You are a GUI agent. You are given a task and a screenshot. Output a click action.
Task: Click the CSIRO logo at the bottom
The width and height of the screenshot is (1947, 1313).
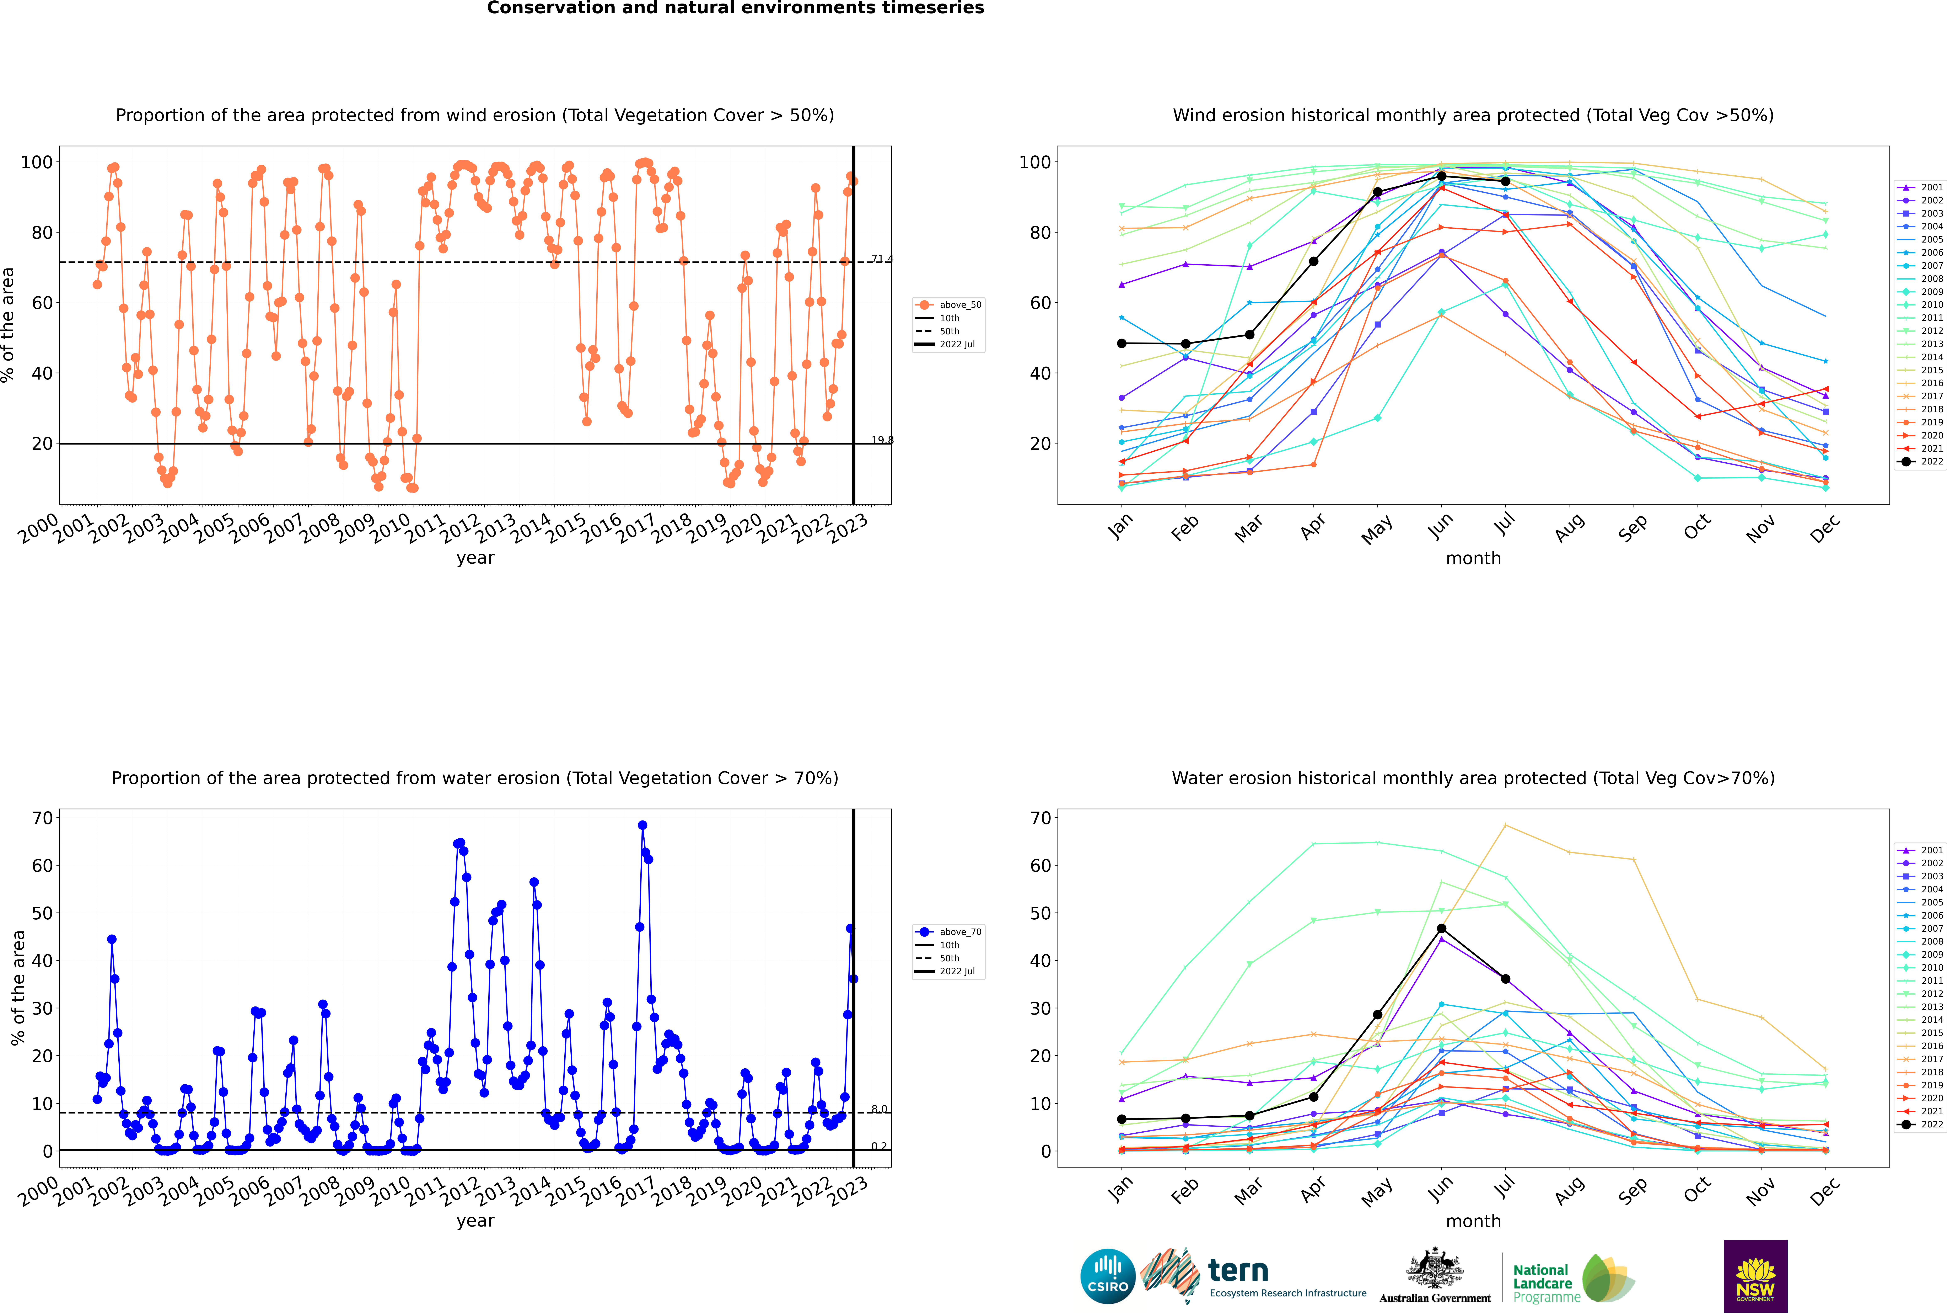(1107, 1276)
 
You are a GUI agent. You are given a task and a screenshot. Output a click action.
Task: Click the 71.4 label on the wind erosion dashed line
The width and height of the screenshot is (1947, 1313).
(881, 259)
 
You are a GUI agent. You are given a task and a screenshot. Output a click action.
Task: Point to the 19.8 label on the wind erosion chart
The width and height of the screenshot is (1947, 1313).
(881, 440)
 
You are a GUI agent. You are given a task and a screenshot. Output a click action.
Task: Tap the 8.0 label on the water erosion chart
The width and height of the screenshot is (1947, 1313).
(879, 1110)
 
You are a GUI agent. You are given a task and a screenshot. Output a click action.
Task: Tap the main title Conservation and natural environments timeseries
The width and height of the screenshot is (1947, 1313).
(735, 8)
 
